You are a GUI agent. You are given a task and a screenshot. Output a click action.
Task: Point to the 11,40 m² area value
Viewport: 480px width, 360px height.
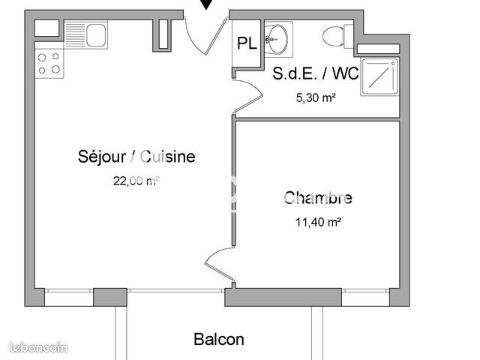point(318,221)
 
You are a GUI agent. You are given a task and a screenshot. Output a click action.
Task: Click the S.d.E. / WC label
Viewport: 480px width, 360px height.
point(315,73)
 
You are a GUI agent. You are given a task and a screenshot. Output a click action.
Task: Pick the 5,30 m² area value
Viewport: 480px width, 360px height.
point(316,96)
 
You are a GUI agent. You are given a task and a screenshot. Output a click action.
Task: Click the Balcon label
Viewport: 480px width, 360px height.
point(219,339)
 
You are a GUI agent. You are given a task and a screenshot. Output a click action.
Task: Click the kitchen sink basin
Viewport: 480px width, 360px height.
point(96,34)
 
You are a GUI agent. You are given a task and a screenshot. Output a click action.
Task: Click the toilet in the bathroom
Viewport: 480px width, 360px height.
point(334,35)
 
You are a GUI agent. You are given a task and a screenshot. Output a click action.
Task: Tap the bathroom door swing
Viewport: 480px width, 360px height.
point(249,96)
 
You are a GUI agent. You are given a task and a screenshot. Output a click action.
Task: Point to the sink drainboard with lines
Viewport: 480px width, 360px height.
point(75,34)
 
